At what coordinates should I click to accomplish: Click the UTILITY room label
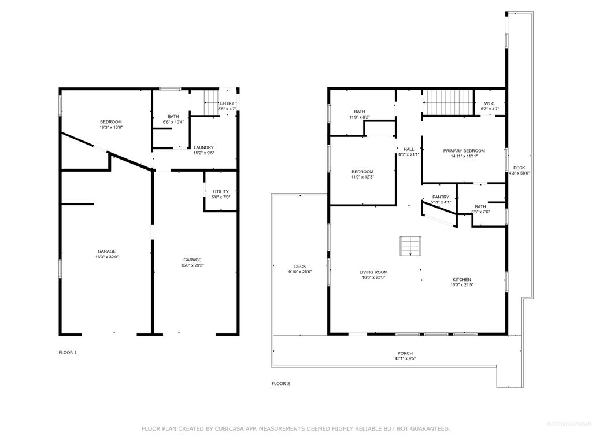pyautogui.click(x=221, y=191)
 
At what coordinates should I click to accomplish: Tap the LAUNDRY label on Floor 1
pyautogui.click(x=203, y=147)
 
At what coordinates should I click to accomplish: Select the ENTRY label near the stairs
pyautogui.click(x=227, y=103)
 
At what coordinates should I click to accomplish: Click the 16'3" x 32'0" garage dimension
pyautogui.click(x=106, y=257)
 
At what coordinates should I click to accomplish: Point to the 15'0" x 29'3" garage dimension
pyautogui.click(x=193, y=265)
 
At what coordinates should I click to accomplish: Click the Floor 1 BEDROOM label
pyautogui.click(x=111, y=121)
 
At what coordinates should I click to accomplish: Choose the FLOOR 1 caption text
pyautogui.click(x=68, y=353)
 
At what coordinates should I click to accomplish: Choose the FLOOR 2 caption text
pyautogui.click(x=281, y=383)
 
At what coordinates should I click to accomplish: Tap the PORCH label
pyautogui.click(x=405, y=353)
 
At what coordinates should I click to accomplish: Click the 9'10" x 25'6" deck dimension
pyautogui.click(x=300, y=272)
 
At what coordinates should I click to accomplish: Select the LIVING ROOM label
pyautogui.click(x=373, y=272)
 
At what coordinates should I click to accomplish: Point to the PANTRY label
pyautogui.click(x=441, y=197)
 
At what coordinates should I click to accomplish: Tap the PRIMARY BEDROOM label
pyautogui.click(x=464, y=151)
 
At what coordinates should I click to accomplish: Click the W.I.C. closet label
pyautogui.click(x=490, y=103)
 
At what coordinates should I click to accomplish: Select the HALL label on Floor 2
pyautogui.click(x=409, y=149)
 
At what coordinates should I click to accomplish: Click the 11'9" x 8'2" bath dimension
pyautogui.click(x=360, y=117)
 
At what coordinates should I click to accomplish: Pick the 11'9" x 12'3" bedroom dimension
pyautogui.click(x=362, y=177)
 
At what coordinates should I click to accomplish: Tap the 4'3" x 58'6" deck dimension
pyautogui.click(x=519, y=173)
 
